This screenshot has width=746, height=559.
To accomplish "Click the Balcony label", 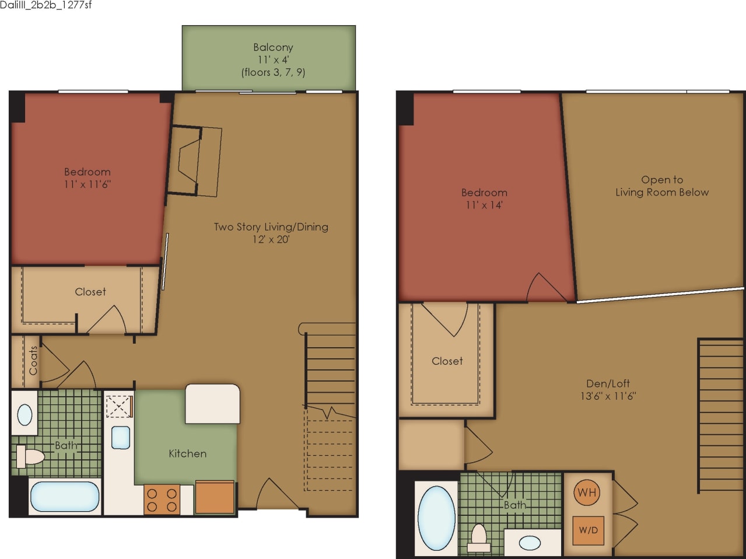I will point(273,47).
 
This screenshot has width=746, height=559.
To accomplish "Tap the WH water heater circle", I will point(587,492).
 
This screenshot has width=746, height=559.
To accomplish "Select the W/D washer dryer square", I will point(588,530).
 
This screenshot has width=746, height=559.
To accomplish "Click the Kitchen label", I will point(187,453).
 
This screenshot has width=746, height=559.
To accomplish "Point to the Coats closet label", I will point(33,361).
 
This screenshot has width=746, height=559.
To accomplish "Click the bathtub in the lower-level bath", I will point(64,496).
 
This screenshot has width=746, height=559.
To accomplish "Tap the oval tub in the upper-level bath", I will point(436,518).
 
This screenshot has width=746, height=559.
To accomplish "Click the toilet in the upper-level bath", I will point(479,537).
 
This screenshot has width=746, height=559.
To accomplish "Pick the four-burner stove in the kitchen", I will point(162,500).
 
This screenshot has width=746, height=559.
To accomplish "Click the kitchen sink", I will point(121,437).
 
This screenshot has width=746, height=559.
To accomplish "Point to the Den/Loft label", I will point(608,383).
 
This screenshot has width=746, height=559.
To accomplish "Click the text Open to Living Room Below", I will point(662,186).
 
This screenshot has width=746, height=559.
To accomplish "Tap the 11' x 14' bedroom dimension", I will point(484,205).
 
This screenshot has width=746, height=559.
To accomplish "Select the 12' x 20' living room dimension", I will point(271,239).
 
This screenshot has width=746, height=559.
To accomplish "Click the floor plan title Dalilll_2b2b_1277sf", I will point(46,5).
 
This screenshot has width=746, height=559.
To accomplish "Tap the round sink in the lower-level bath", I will point(25,415).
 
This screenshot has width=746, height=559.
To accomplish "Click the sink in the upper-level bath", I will point(530,543).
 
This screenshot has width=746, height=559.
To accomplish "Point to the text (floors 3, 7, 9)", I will point(273,72).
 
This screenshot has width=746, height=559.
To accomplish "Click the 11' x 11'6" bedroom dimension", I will point(87,184).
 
